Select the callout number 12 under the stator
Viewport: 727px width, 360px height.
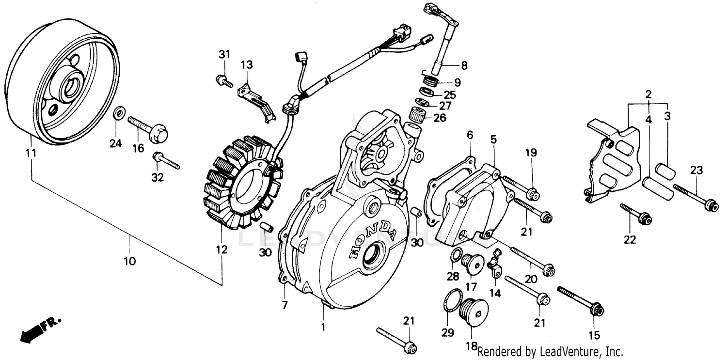click(221, 250)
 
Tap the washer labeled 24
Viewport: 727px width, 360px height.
click(118, 114)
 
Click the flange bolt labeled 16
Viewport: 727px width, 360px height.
click(147, 126)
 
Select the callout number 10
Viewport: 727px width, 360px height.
click(129, 261)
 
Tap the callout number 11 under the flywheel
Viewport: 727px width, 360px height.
click(32, 153)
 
